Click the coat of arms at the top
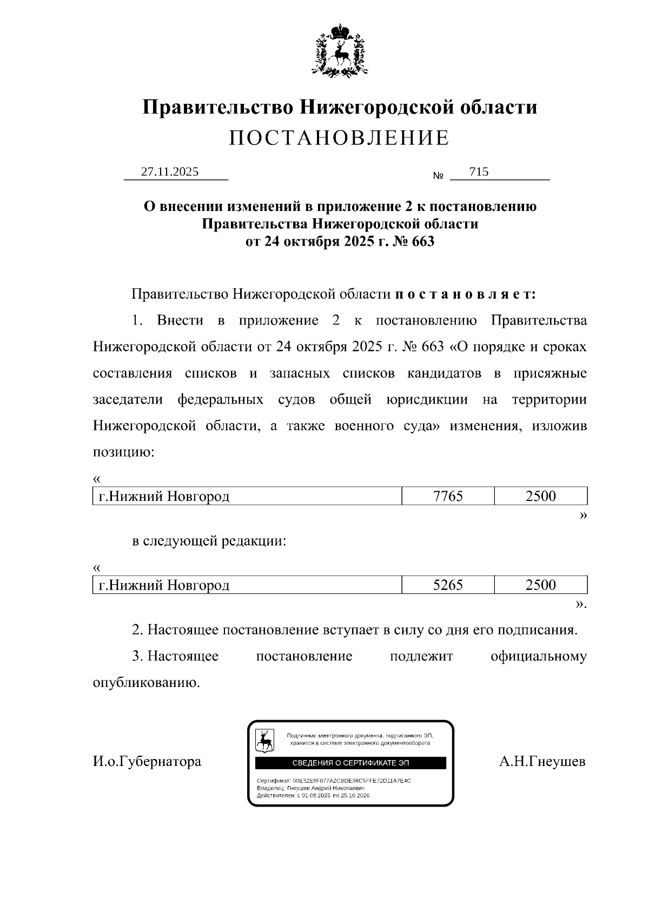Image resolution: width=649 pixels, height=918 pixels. [x=340, y=49]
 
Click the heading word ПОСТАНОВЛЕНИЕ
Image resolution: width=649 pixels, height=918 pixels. [x=339, y=138]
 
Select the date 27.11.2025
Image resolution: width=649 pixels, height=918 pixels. [x=170, y=172]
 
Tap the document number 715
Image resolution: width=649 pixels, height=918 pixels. [x=479, y=172]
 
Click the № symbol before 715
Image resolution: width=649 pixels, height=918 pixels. [x=439, y=176]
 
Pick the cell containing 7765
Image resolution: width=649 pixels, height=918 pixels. [x=448, y=496]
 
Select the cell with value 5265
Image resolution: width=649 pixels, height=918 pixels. [x=448, y=585]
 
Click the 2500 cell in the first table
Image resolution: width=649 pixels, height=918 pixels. [x=540, y=496]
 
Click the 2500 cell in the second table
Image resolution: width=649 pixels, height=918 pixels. [x=540, y=585]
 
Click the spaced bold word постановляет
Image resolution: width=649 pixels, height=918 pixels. [x=466, y=294]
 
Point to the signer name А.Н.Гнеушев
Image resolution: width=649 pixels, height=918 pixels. [x=542, y=762]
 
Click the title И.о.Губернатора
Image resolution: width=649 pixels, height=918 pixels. [x=147, y=762]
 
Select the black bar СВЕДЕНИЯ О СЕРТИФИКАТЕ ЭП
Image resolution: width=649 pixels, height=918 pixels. [x=350, y=763]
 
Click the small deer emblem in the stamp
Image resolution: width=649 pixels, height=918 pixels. [x=264, y=740]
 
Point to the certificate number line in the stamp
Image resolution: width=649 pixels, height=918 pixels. [x=334, y=781]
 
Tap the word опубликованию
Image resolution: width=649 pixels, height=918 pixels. [x=147, y=683]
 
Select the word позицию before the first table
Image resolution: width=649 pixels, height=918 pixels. [x=124, y=452]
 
